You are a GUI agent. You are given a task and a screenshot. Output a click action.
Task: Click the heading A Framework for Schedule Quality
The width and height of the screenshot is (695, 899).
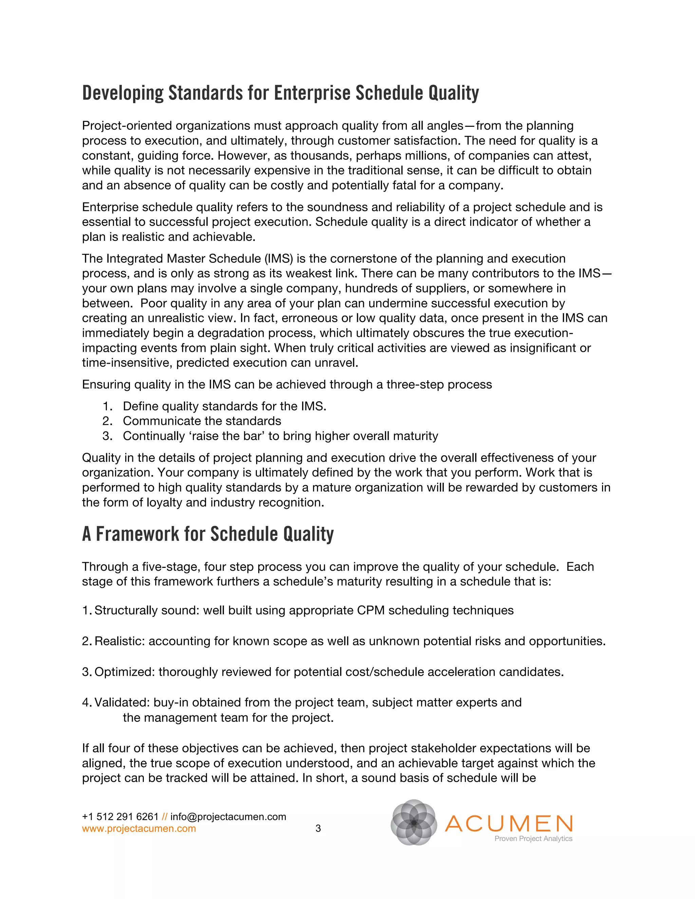[208, 534]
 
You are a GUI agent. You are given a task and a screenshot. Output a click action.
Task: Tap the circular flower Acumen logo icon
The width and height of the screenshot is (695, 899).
[413, 822]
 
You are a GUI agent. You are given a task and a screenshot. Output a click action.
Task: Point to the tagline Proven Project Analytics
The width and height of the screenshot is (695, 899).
[533, 839]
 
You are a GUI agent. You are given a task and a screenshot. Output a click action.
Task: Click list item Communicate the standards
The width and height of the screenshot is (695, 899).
[202, 421]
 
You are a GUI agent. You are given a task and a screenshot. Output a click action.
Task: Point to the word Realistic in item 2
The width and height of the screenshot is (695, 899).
[119, 641]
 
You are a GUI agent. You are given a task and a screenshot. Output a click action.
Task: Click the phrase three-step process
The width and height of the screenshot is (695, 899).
[439, 384]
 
